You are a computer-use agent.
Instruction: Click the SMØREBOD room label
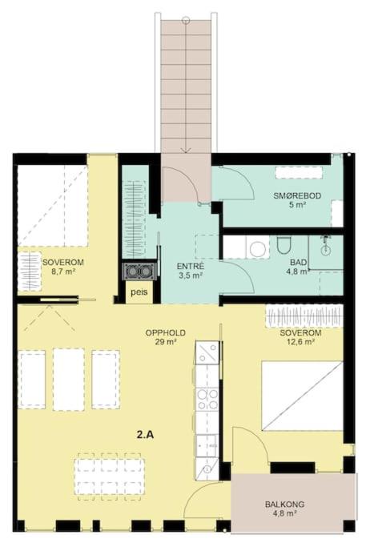click(x=297, y=195)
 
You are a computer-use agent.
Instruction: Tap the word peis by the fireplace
click(x=139, y=292)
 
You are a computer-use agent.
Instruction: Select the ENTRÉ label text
click(x=191, y=267)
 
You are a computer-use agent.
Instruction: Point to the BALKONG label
click(x=284, y=504)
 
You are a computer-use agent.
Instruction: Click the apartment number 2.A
click(x=145, y=435)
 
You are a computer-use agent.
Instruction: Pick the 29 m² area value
click(x=165, y=342)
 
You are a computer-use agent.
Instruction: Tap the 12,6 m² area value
click(x=300, y=342)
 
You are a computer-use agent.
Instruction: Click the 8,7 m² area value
click(x=63, y=271)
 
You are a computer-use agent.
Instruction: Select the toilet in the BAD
click(x=284, y=245)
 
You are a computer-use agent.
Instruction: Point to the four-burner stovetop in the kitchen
click(x=207, y=400)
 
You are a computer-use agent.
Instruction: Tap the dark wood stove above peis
click(x=139, y=271)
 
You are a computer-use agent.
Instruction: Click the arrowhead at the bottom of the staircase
click(x=187, y=151)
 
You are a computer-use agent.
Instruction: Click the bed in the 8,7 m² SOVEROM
click(x=52, y=206)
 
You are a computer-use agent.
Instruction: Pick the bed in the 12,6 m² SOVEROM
click(x=302, y=396)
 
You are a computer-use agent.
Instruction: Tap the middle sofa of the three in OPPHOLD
click(x=68, y=379)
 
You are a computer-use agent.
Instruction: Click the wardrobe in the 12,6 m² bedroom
click(x=304, y=317)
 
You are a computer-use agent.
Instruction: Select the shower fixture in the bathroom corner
click(x=325, y=244)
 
